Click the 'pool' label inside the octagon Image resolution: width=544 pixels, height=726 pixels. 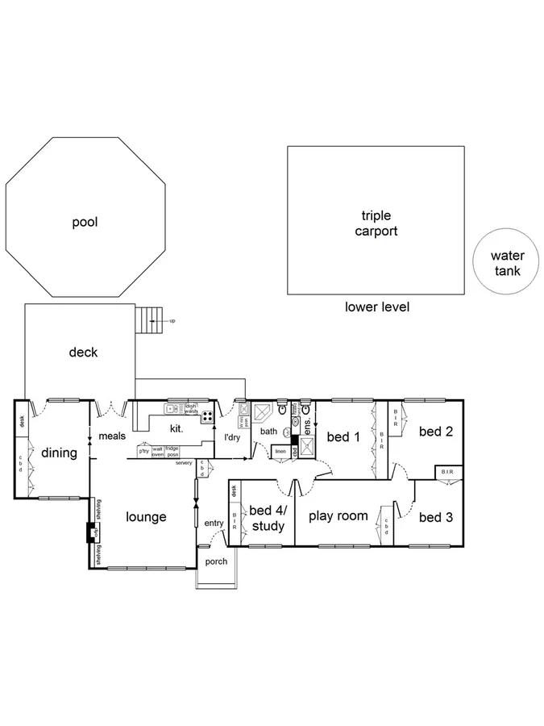click(85, 222)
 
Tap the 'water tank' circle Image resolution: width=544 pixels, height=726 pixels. click(508, 264)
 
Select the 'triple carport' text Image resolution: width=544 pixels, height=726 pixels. click(376, 223)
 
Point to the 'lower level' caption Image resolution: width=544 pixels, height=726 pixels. click(377, 307)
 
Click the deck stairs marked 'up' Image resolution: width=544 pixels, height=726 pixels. click(149, 320)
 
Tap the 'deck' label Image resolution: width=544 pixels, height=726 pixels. click(83, 353)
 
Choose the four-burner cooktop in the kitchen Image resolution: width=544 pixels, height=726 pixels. click(207, 417)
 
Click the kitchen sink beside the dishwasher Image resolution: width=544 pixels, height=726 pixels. click(174, 409)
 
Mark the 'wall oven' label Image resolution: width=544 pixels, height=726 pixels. click(158, 453)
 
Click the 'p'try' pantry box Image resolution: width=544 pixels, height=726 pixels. click(143, 452)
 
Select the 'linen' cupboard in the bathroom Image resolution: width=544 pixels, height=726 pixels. click(280, 451)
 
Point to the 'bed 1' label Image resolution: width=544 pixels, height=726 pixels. click(343, 436)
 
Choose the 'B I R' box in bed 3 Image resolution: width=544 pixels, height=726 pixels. click(448, 472)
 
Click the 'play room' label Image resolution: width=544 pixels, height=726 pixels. click(338, 516)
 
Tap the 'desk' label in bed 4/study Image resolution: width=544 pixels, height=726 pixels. click(234, 490)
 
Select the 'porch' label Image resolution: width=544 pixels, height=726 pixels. click(216, 561)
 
